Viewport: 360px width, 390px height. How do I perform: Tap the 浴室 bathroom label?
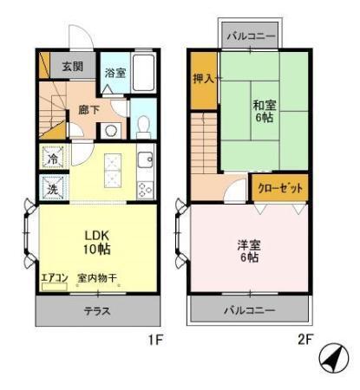tap(115, 72)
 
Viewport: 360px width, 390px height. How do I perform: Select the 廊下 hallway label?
tap(88, 110)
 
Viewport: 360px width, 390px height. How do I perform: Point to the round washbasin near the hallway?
tap(110, 130)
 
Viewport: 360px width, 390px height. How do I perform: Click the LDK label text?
tap(97, 234)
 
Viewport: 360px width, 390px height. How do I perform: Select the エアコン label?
tap(54, 277)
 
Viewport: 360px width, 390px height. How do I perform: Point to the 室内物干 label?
tap(97, 277)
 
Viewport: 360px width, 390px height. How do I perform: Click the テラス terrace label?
tap(96, 310)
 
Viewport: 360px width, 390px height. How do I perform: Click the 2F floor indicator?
tap(304, 340)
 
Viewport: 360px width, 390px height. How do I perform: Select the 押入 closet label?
tap(203, 78)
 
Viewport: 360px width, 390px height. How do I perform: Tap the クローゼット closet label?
tap(279, 186)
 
